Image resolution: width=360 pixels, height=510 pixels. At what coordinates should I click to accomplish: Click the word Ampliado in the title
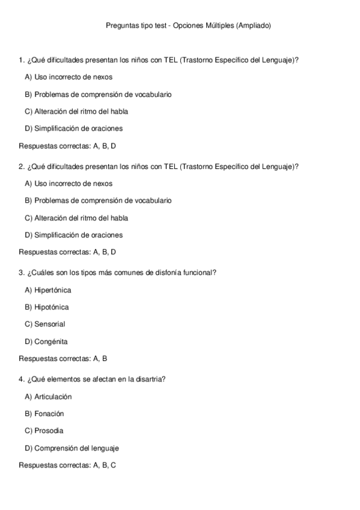point(255,25)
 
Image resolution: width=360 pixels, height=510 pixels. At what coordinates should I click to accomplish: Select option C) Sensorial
point(45,324)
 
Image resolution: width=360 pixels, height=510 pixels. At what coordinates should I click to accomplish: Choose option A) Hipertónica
point(48,290)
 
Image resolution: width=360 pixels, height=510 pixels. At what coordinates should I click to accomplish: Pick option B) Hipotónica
point(47,307)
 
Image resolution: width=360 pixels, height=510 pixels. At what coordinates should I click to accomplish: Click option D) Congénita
point(46,342)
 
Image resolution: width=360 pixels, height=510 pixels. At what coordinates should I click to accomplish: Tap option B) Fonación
point(44,414)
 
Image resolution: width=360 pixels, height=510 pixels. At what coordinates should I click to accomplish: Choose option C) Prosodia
point(44,431)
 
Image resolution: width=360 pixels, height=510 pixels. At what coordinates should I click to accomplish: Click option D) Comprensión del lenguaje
point(72,448)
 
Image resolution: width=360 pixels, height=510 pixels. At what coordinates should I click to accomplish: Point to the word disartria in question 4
point(153,379)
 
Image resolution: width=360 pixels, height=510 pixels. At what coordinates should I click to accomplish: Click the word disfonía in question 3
point(166,272)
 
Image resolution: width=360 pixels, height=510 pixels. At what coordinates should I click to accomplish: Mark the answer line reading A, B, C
point(67,465)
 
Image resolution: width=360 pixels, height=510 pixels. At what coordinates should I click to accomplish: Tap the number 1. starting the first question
point(22,60)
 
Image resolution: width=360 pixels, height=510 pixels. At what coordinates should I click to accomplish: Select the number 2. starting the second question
point(22,167)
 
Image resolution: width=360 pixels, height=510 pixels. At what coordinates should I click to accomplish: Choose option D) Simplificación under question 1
point(74,128)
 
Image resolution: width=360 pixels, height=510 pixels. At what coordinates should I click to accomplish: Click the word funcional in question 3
point(198,272)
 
